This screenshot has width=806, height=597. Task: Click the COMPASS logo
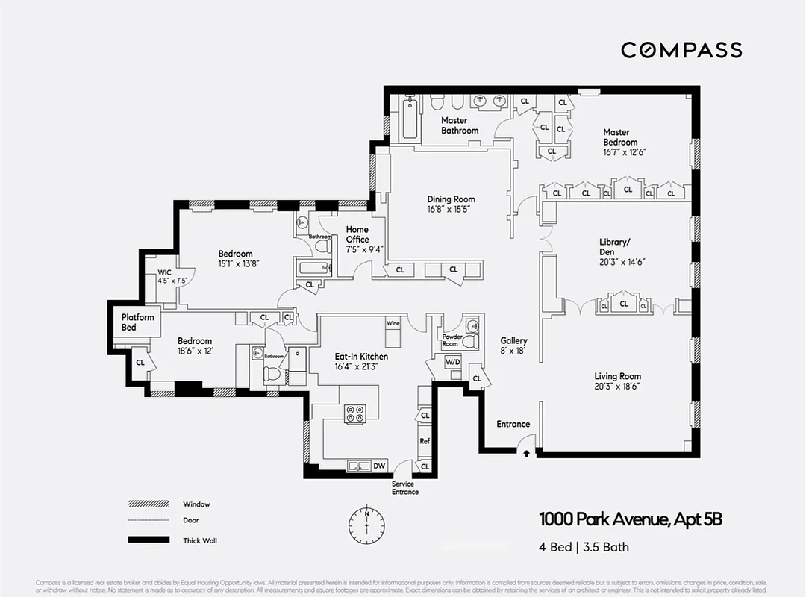coord(681,50)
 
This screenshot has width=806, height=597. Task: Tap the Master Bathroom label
coord(459,125)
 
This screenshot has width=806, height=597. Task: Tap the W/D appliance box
coord(453,362)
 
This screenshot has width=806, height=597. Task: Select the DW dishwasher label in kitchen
coord(379,466)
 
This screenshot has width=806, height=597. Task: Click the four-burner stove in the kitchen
coord(354,413)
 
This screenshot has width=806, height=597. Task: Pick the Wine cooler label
coord(393,324)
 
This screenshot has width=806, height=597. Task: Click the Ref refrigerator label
coord(424,441)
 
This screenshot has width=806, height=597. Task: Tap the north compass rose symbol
coord(367,521)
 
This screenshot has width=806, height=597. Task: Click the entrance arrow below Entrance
coord(526,452)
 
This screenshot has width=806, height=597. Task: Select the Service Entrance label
coord(405,488)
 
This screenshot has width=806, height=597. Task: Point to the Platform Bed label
coord(137,322)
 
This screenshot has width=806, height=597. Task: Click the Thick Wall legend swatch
coord(149,540)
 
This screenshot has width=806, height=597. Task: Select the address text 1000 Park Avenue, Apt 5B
coord(631,519)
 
